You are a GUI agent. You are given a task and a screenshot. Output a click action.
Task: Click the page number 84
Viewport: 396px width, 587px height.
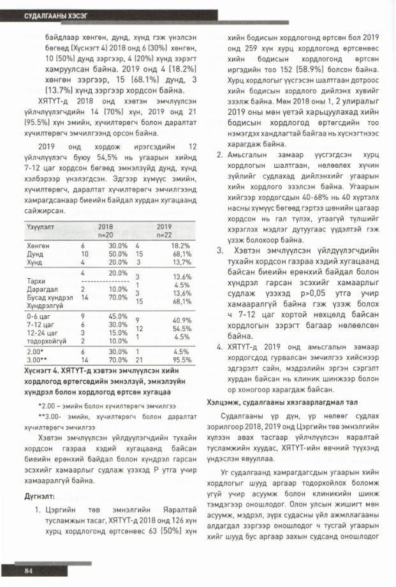tap(28, 570)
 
